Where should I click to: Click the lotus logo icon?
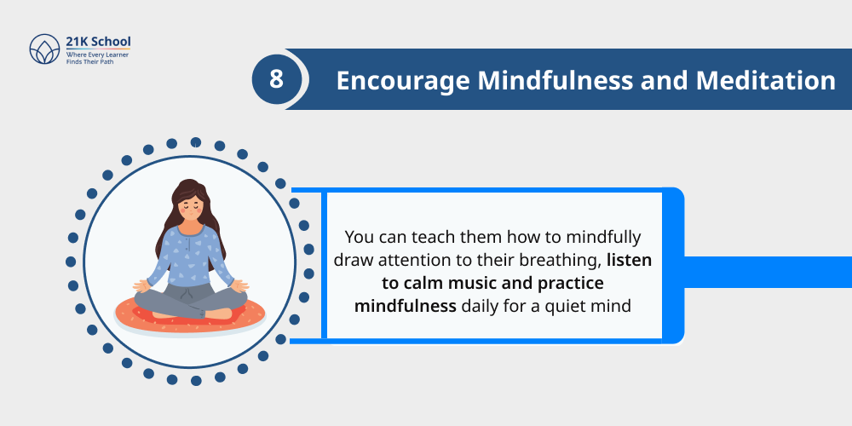(x=43, y=49)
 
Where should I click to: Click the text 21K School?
(x=98, y=41)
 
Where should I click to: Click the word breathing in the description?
(x=556, y=260)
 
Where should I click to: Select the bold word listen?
(x=629, y=260)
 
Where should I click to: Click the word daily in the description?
(x=481, y=304)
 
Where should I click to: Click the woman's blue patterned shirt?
(x=191, y=256)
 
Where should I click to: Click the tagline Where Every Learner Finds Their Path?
(x=98, y=58)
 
